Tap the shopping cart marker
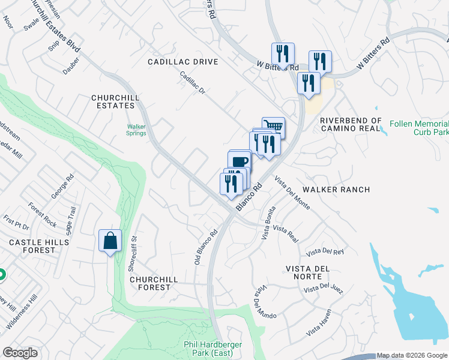point(273,127)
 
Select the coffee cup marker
point(239,161)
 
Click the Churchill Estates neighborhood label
point(113,101)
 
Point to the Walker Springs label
point(136,129)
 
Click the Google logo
point(20,353)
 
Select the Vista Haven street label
point(318,326)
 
